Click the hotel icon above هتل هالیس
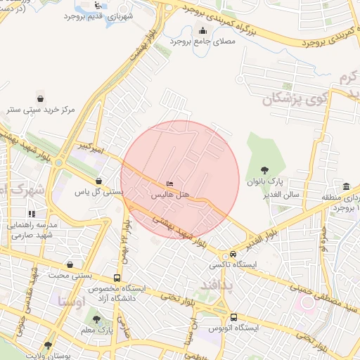(169, 184)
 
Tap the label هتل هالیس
(172, 193)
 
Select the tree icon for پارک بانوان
(264, 170)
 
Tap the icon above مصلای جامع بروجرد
(203, 30)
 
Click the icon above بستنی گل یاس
(98, 181)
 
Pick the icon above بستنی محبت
(70, 264)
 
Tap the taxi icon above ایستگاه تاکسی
(232, 255)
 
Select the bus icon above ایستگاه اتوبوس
(233, 317)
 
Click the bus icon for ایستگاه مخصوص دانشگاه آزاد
(116, 278)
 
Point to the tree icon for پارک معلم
(96, 319)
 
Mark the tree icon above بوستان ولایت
(48, 345)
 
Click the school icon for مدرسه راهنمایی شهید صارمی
(32, 213)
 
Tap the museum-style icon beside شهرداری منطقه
(346, 186)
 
